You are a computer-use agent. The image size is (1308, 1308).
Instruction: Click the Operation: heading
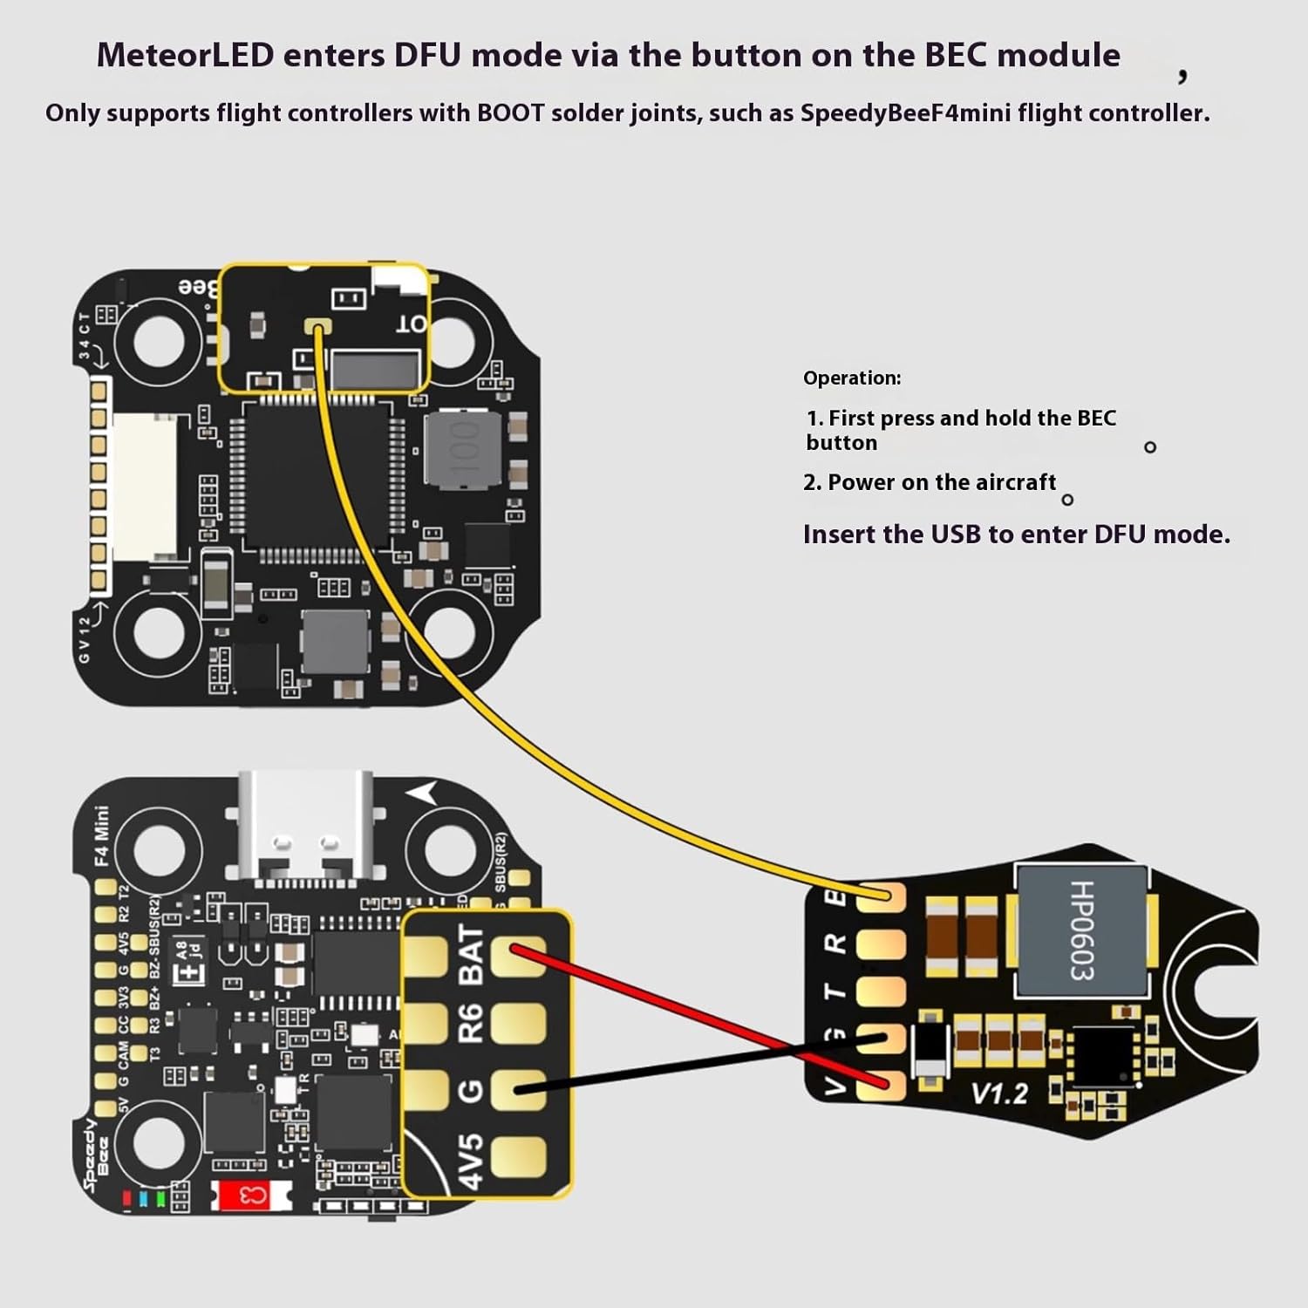(851, 378)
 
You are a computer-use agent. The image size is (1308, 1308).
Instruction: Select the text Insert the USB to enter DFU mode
(1016, 534)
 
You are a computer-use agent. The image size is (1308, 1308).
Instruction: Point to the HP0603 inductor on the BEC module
(1081, 930)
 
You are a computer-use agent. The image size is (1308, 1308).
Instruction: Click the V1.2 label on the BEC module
(999, 1093)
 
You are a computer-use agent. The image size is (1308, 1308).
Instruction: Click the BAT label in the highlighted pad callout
(470, 955)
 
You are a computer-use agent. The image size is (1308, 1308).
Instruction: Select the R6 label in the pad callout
(470, 1023)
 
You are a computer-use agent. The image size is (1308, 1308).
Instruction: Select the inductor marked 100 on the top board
(463, 449)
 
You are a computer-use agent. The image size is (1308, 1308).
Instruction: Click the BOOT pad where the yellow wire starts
(316, 327)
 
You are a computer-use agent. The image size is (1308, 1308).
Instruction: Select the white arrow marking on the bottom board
(424, 794)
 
